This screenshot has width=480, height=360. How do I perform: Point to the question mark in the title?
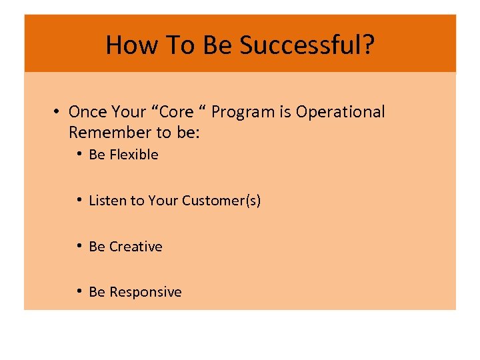coord(368,45)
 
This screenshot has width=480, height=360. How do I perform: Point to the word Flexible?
coord(134,155)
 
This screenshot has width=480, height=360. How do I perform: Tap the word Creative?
coord(135,247)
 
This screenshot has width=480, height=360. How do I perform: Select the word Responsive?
coord(145,292)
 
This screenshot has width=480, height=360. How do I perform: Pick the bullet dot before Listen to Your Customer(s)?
coord(79,200)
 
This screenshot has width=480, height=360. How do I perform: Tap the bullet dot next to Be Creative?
coord(79,246)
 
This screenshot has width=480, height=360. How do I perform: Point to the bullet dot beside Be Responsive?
coord(79,291)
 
